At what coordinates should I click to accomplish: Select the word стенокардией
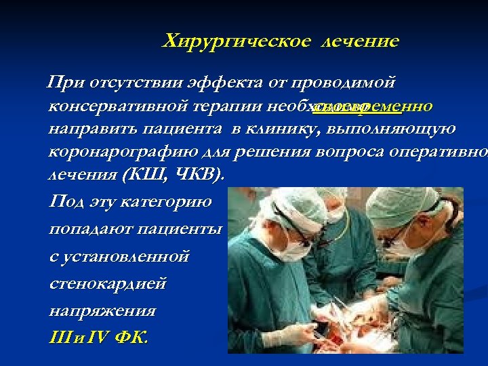[x=108, y=283]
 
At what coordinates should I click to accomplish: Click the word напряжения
[x=102, y=311]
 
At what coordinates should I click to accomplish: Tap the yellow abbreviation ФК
[x=130, y=337]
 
